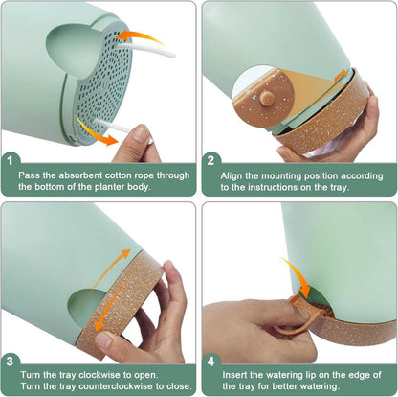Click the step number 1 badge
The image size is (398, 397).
coord(10,160)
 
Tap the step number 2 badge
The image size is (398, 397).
coord(210,160)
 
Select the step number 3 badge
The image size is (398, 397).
coord(10,362)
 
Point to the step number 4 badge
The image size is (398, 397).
coord(210,362)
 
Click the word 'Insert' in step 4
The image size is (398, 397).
coord(232,375)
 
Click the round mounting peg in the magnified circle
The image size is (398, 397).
coord(267,98)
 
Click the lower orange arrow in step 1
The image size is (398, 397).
coord(96,132)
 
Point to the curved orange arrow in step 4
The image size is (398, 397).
coord(297,276)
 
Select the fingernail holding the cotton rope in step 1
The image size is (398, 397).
coord(142,133)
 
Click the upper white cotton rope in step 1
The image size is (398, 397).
coord(145,51)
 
